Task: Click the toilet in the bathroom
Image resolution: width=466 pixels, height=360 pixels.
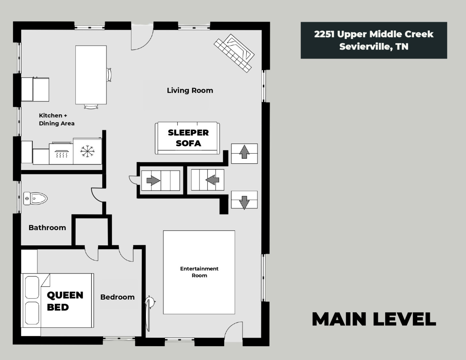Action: click(x=35, y=198)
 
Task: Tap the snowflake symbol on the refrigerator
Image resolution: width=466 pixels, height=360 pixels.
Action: click(x=87, y=151)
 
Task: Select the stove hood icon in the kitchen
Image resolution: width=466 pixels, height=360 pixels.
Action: click(x=62, y=154)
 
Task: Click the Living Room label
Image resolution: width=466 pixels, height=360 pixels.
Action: click(x=190, y=91)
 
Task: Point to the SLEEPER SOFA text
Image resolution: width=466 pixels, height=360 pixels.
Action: click(x=188, y=138)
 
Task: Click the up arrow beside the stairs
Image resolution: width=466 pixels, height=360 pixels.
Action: click(x=244, y=152)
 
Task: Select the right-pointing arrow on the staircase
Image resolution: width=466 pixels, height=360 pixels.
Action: click(x=153, y=180)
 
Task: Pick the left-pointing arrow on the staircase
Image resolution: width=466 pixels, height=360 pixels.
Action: click(x=212, y=179)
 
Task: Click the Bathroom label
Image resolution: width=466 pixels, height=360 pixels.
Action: click(x=47, y=228)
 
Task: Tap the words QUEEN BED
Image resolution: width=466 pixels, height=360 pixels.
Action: click(x=65, y=301)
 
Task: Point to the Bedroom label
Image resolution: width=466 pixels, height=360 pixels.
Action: click(x=118, y=297)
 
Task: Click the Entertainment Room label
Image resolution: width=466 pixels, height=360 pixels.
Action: click(x=199, y=272)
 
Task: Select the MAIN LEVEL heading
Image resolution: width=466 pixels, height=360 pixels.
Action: click(x=374, y=319)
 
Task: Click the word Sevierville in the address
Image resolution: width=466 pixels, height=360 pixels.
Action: click(x=364, y=47)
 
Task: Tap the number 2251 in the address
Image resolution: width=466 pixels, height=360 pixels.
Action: click(x=324, y=34)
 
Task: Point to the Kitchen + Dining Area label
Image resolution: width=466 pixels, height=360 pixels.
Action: click(x=57, y=119)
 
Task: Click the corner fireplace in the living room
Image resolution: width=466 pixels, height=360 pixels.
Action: click(x=234, y=53)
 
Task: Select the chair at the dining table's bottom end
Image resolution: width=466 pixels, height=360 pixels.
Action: click(x=91, y=107)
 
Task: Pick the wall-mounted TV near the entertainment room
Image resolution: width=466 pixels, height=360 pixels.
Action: click(x=149, y=313)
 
